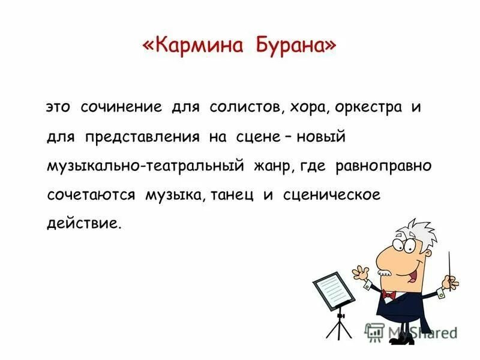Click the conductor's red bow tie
389,295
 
